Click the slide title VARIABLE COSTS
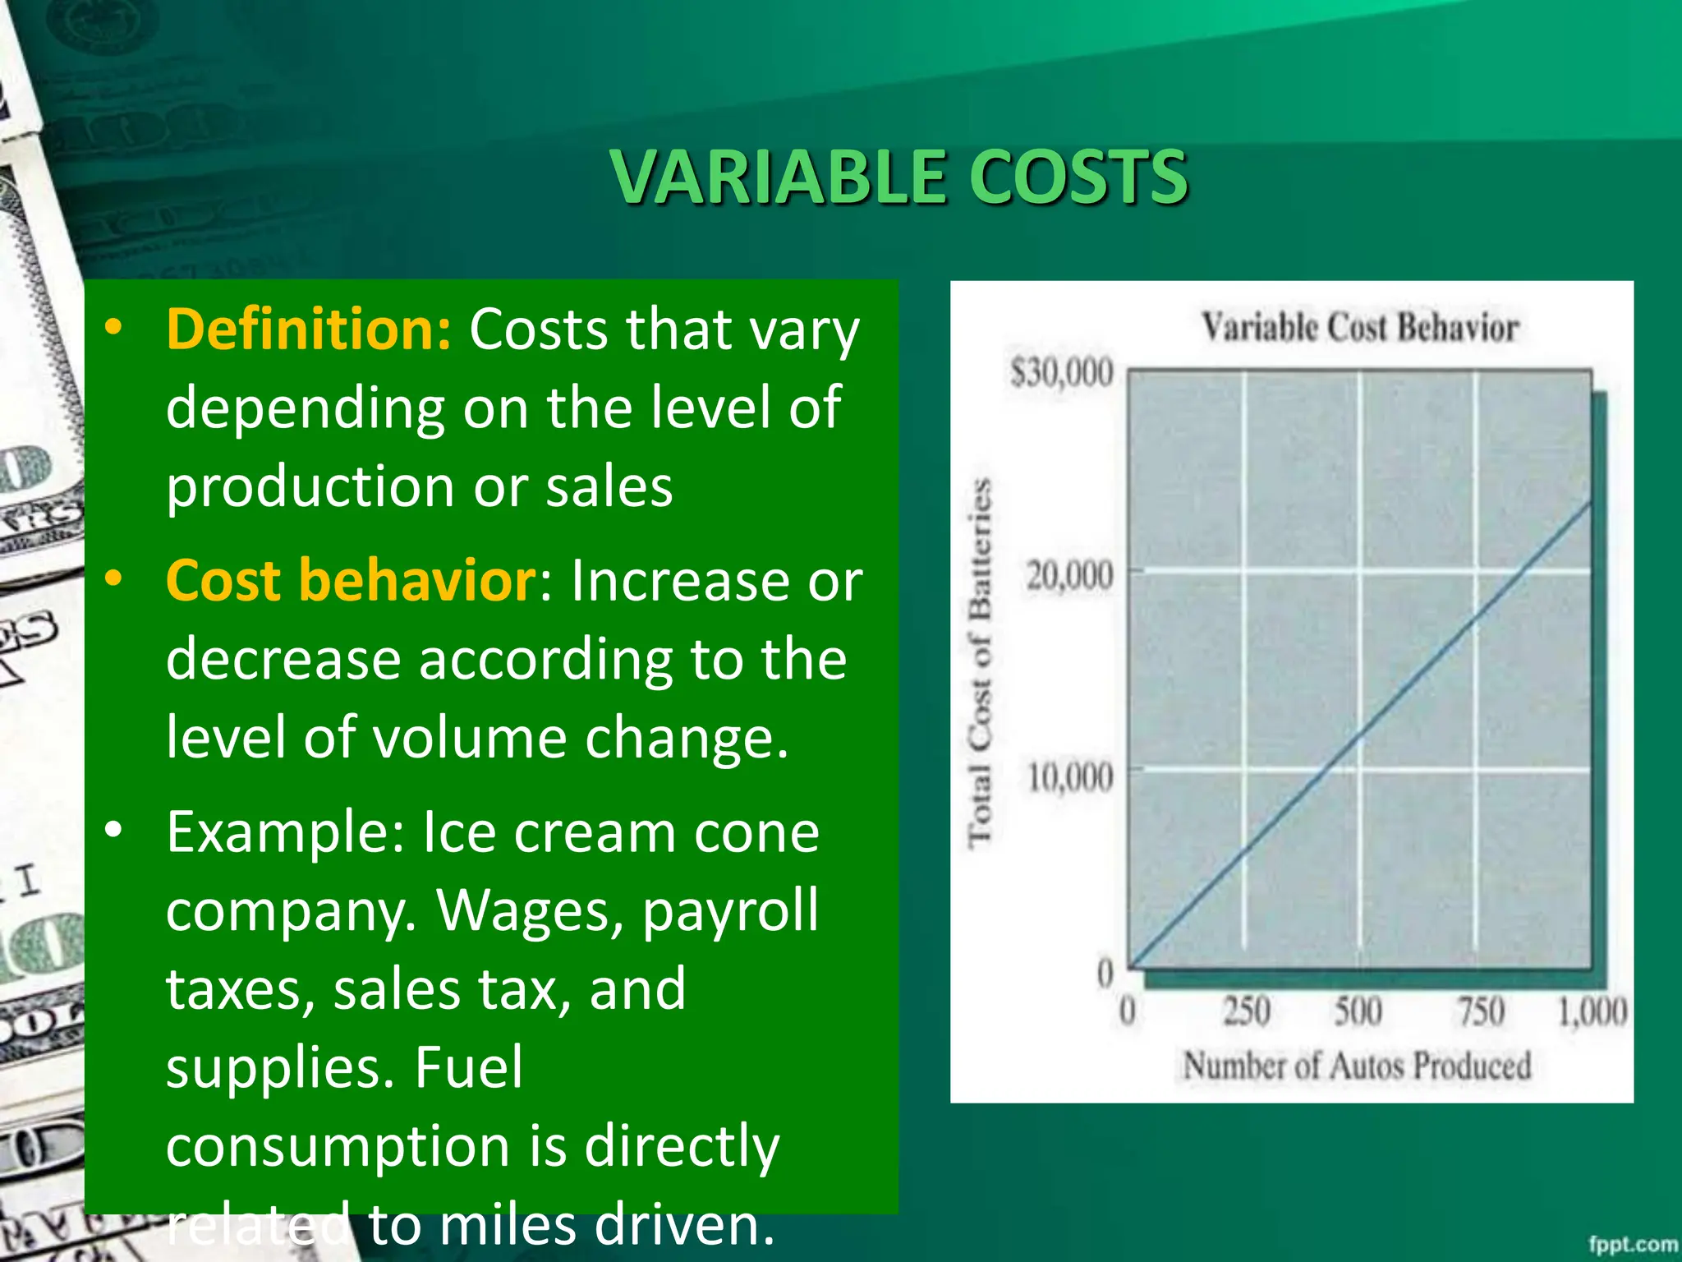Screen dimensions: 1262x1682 [x=899, y=177]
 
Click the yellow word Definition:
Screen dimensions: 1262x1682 [x=309, y=329]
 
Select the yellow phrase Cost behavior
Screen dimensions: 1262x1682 [x=352, y=580]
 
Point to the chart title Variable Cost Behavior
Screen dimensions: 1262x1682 [x=1360, y=327]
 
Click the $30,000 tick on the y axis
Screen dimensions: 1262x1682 [x=1061, y=373]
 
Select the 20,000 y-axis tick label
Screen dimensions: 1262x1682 [x=1069, y=575]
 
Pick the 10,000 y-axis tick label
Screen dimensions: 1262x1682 [x=1069, y=776]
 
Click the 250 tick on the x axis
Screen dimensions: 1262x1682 [x=1246, y=1011]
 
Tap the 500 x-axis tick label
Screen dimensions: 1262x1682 [x=1358, y=1011]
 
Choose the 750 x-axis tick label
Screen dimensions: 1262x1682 [x=1481, y=1011]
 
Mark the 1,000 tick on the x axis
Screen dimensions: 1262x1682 [x=1592, y=1011]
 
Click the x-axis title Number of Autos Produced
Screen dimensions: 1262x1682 [x=1357, y=1066]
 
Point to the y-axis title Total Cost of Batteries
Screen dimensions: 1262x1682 [x=979, y=662]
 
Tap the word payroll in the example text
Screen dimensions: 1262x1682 [x=730, y=910]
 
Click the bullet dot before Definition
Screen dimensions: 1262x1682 [x=113, y=328]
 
